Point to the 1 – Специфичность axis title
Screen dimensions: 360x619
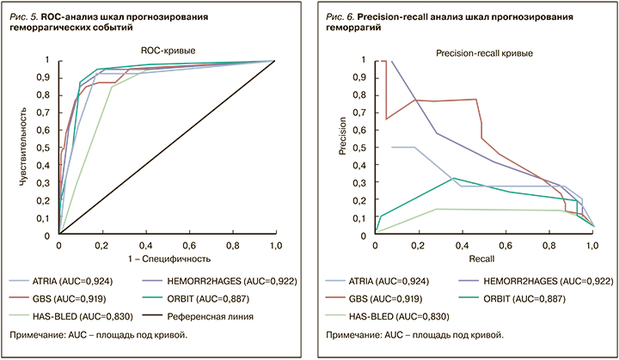[x=168, y=258]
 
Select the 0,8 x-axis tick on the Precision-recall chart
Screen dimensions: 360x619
[x=549, y=246]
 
